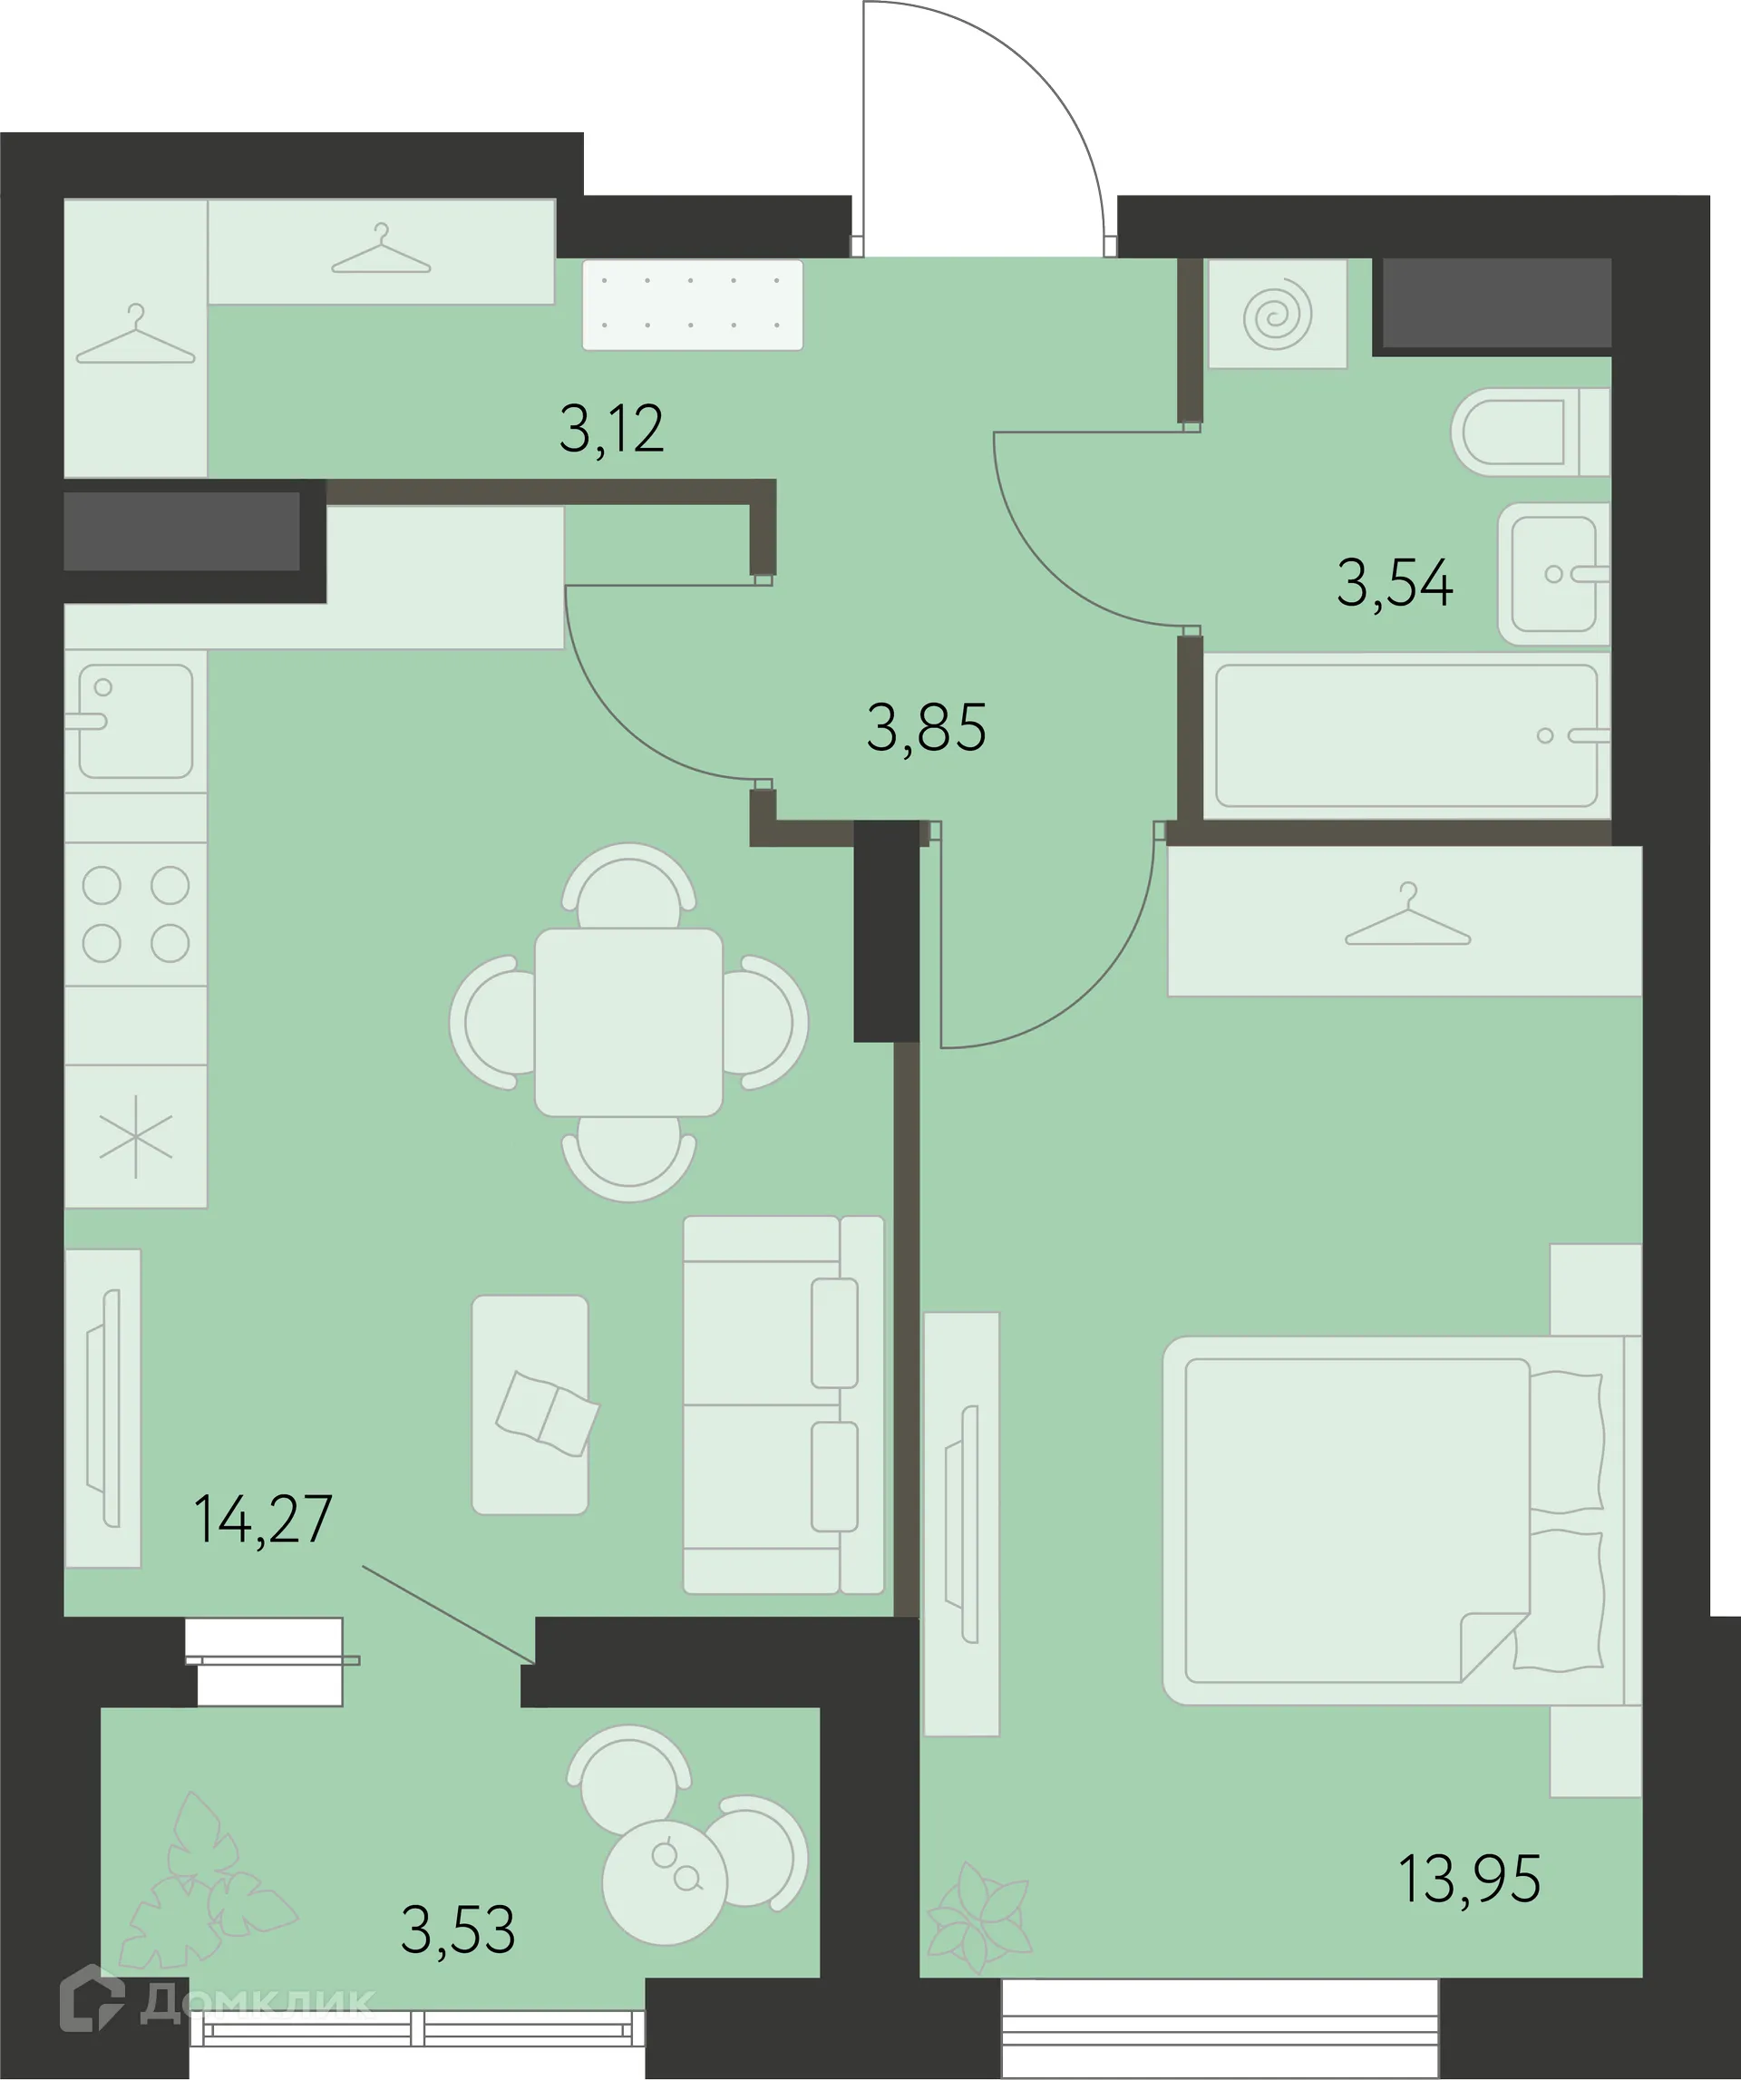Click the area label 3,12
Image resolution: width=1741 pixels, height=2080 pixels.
point(611,430)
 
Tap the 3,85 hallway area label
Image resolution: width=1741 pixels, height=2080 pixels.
point(926,728)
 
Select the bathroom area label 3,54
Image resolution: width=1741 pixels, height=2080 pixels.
point(1395,582)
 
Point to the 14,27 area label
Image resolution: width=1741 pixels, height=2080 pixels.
point(264,1520)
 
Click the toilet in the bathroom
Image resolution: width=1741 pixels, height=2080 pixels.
point(1530,432)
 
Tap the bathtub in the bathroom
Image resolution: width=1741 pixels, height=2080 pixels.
point(1407,735)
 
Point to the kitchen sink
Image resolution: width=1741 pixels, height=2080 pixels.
point(136,720)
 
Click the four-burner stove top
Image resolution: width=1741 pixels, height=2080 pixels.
point(136,914)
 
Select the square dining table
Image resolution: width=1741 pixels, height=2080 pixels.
point(629,1022)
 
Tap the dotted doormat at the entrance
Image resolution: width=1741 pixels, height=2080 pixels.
point(692,304)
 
